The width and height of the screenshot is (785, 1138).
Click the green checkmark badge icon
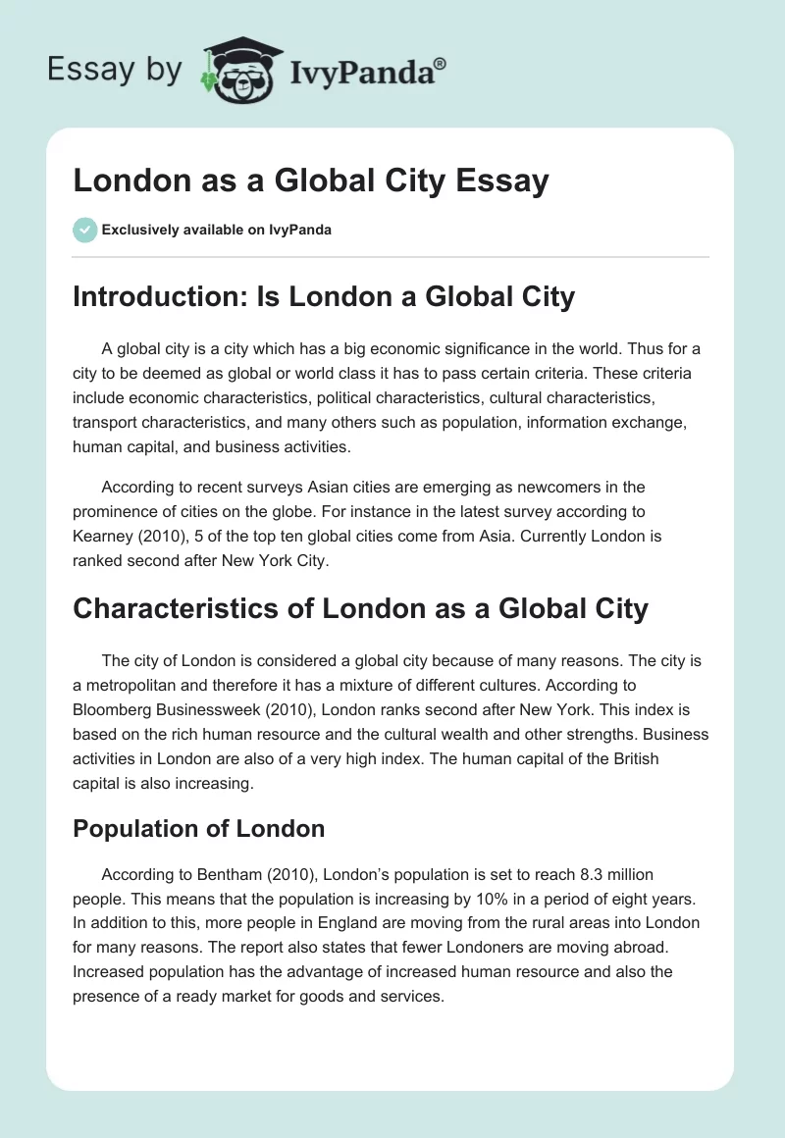84,230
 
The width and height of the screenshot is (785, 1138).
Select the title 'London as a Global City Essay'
310,181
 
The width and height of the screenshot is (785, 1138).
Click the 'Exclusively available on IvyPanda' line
216,231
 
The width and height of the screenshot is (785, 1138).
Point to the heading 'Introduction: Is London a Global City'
324,296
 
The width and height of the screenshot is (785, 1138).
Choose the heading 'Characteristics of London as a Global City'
360,608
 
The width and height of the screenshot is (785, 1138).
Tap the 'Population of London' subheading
198,828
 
